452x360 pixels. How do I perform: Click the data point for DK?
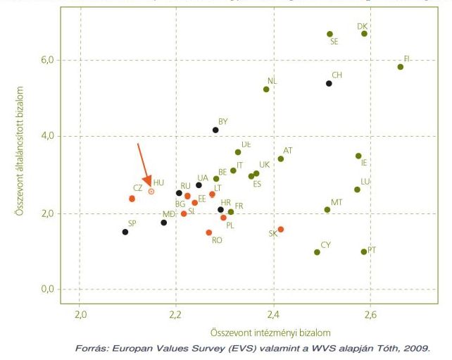coord(364,34)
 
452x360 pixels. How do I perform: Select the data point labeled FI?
coord(401,67)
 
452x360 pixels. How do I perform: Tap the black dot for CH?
coord(329,83)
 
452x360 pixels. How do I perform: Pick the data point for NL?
coord(266,89)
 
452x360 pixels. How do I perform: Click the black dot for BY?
coord(215,130)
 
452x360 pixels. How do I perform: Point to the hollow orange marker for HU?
coord(151,191)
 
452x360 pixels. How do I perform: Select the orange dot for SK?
coord(281,229)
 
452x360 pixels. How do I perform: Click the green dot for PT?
coord(364,252)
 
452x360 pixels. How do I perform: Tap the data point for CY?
coord(317,252)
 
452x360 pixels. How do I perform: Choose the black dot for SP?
coord(125,232)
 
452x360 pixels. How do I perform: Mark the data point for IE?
coord(358,156)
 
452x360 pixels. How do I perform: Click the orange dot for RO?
coord(208,232)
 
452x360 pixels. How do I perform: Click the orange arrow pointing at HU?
coord(144,165)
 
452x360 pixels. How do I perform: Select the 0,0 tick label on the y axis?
coord(46,289)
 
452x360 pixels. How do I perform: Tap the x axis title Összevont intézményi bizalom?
coord(270,332)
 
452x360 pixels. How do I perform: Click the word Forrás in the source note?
coord(90,348)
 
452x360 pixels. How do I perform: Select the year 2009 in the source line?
coord(415,348)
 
